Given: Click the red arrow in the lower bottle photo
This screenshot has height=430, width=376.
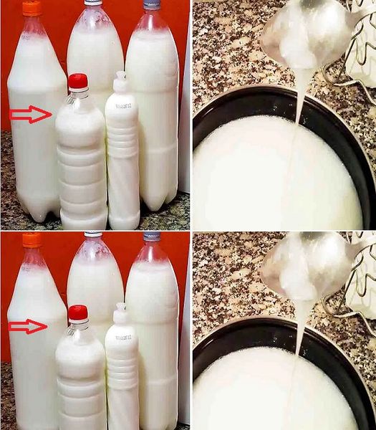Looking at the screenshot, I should pos(29,327).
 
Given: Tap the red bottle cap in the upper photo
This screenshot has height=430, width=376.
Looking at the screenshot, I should pos(78,82).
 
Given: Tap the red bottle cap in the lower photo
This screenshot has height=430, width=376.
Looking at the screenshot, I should pos(78,313).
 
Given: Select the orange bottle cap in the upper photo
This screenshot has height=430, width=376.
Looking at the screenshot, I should pos(32,8).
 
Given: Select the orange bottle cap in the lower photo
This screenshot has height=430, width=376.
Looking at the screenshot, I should pos(32,239).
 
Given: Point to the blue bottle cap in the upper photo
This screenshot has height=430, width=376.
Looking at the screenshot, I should pos(151,4).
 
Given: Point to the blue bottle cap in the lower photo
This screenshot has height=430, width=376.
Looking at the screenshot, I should pos(151,236).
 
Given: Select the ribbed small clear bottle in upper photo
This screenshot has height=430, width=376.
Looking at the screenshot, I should pos(81,165).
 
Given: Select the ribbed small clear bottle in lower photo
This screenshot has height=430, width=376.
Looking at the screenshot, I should pos(81,380).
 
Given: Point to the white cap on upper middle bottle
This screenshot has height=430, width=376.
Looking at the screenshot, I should pos(94,3).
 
